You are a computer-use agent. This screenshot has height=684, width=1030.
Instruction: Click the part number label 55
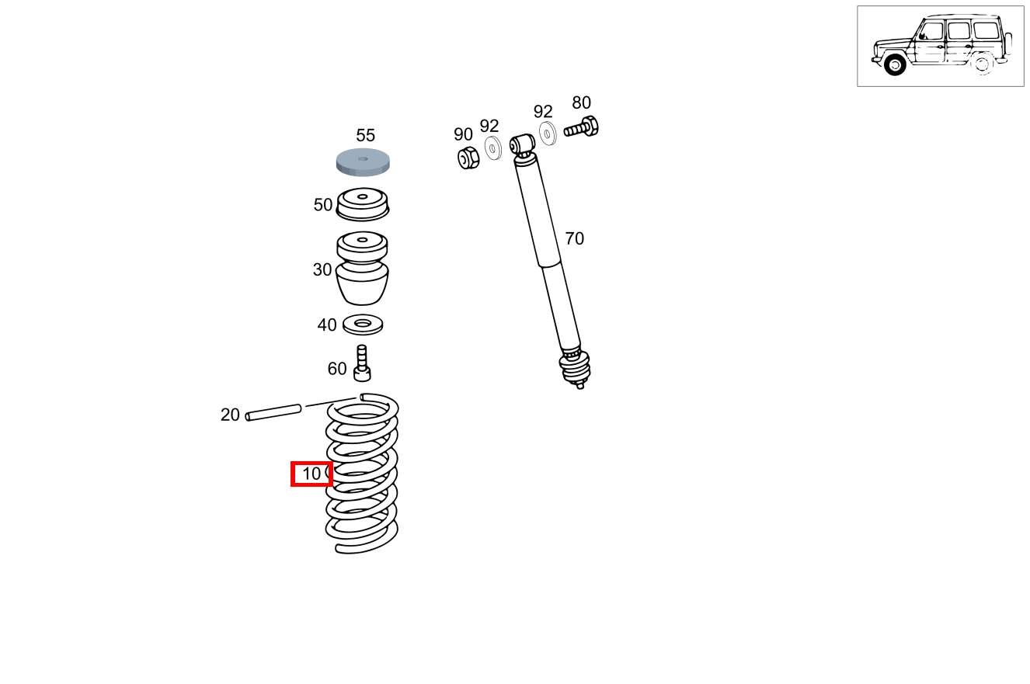coord(365,136)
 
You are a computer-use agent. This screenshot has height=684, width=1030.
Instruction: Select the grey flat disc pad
coord(363,162)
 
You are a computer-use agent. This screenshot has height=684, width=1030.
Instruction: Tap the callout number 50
coord(323,205)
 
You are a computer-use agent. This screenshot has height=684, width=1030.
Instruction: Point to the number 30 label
coord(322,270)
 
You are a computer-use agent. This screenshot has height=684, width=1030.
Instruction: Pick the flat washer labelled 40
coord(363,324)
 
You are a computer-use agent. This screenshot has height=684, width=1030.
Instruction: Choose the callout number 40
coord(327,325)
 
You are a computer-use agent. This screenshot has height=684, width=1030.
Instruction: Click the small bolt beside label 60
coord(362,364)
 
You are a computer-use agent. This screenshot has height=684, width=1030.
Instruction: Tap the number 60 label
coord(337,369)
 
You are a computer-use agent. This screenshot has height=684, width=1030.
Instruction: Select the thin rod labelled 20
coord(273,411)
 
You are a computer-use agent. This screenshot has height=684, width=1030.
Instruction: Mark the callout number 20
coord(230,415)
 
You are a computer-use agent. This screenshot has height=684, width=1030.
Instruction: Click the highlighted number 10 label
coord(311,474)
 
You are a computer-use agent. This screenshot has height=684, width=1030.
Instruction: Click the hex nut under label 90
coord(468,158)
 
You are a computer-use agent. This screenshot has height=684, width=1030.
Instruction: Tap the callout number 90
coord(463,134)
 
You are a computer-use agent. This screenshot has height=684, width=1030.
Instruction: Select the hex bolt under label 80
coord(582,127)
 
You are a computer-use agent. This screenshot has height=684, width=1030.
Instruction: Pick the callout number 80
coord(581,102)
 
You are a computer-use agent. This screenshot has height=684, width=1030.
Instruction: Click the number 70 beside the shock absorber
coord(574,239)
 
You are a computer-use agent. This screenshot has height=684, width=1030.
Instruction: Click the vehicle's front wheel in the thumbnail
coord(896,65)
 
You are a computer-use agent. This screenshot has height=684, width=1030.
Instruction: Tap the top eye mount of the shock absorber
coord(521,144)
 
